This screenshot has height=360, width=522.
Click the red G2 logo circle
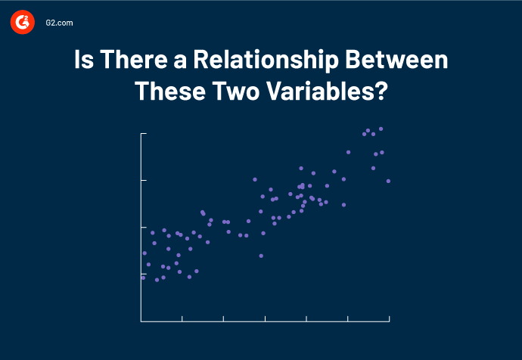(x=23, y=23)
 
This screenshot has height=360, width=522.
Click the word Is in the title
(x=84, y=60)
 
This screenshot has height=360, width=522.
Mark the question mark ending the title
(x=381, y=92)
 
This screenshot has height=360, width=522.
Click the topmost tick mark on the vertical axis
(x=144, y=134)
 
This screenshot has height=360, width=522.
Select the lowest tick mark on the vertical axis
(x=144, y=274)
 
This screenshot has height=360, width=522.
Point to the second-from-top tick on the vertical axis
(x=144, y=181)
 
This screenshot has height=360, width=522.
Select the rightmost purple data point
(x=388, y=181)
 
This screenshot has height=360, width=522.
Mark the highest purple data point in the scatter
(x=381, y=129)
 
